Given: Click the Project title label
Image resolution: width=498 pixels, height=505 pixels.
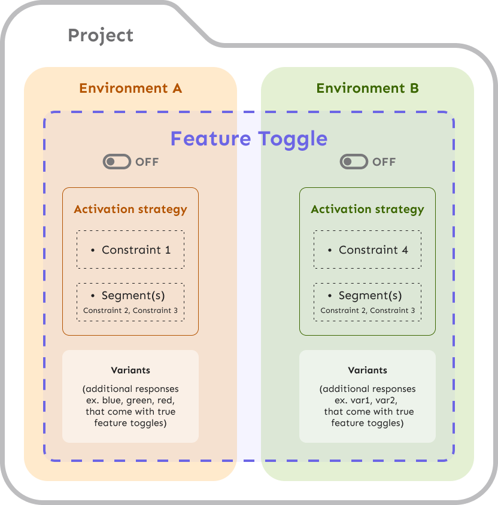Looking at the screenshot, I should [x=101, y=35].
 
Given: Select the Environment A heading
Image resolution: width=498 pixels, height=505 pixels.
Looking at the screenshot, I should [x=130, y=89].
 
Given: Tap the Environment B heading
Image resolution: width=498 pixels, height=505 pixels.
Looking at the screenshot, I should [x=368, y=89].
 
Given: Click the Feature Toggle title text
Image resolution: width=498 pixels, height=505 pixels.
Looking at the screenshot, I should [x=249, y=139].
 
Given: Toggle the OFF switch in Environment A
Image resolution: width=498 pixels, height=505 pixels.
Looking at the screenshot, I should [x=117, y=162].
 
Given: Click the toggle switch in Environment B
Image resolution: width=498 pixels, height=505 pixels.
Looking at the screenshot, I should [x=354, y=162].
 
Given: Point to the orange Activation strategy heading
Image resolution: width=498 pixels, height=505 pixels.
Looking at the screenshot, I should [x=130, y=209].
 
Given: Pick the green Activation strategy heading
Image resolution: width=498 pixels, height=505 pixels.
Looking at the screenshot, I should [x=368, y=209].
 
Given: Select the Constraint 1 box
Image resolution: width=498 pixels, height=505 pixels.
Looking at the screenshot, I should [x=130, y=250].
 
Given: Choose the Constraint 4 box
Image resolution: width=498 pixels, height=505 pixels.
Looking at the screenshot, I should [x=368, y=250].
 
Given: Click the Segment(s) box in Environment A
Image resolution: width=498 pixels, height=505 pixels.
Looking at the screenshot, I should [x=130, y=302].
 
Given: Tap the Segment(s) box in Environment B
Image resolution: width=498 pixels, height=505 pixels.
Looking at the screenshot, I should [x=368, y=302].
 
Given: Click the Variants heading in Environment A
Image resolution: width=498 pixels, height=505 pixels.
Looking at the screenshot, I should [x=130, y=370].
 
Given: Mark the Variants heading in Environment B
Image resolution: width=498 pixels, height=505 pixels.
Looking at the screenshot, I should [x=368, y=370].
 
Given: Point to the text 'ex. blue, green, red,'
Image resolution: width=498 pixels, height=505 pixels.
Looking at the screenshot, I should [x=130, y=400].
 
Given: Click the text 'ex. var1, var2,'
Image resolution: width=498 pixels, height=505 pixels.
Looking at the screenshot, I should [x=368, y=400].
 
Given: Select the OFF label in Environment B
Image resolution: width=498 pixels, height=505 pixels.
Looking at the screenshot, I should [x=384, y=162].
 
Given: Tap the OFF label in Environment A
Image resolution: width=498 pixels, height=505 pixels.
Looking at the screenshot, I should [x=147, y=162].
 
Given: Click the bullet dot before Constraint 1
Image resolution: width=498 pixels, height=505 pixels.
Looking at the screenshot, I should [x=93, y=250].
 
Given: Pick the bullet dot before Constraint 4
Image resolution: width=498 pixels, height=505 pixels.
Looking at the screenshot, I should [x=330, y=250].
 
